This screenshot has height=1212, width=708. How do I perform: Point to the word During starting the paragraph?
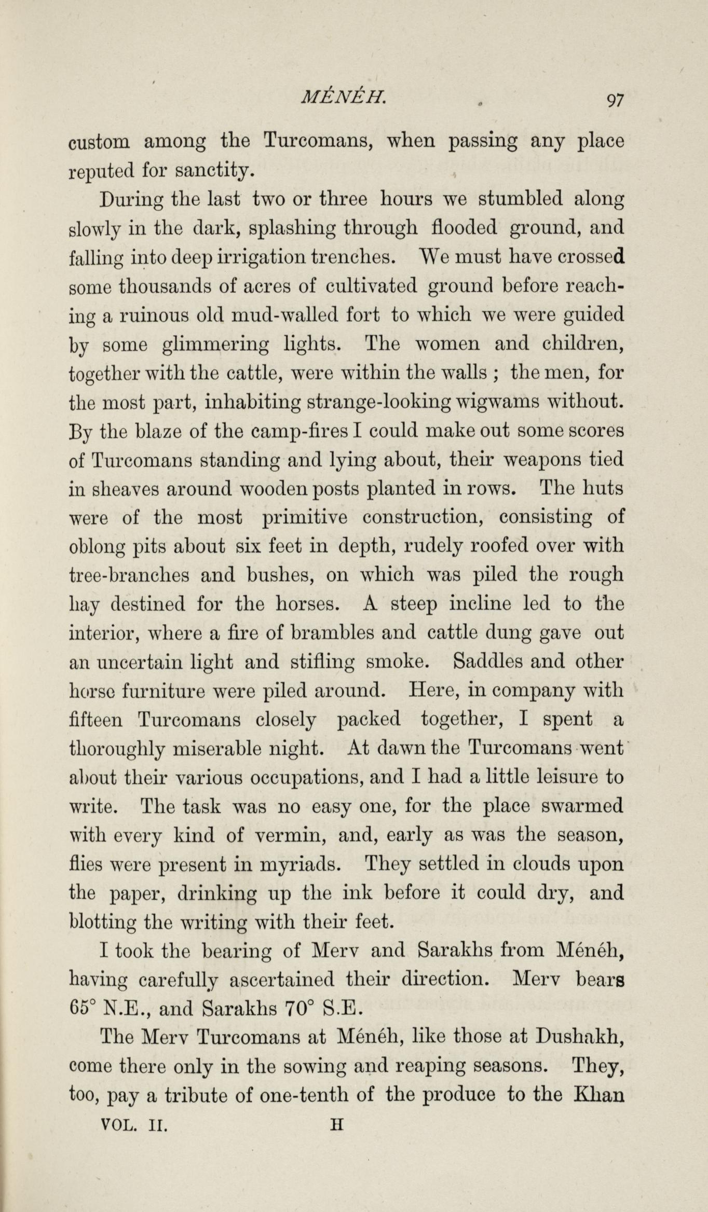coord(132,200)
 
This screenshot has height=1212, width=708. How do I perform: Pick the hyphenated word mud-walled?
coord(282,315)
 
